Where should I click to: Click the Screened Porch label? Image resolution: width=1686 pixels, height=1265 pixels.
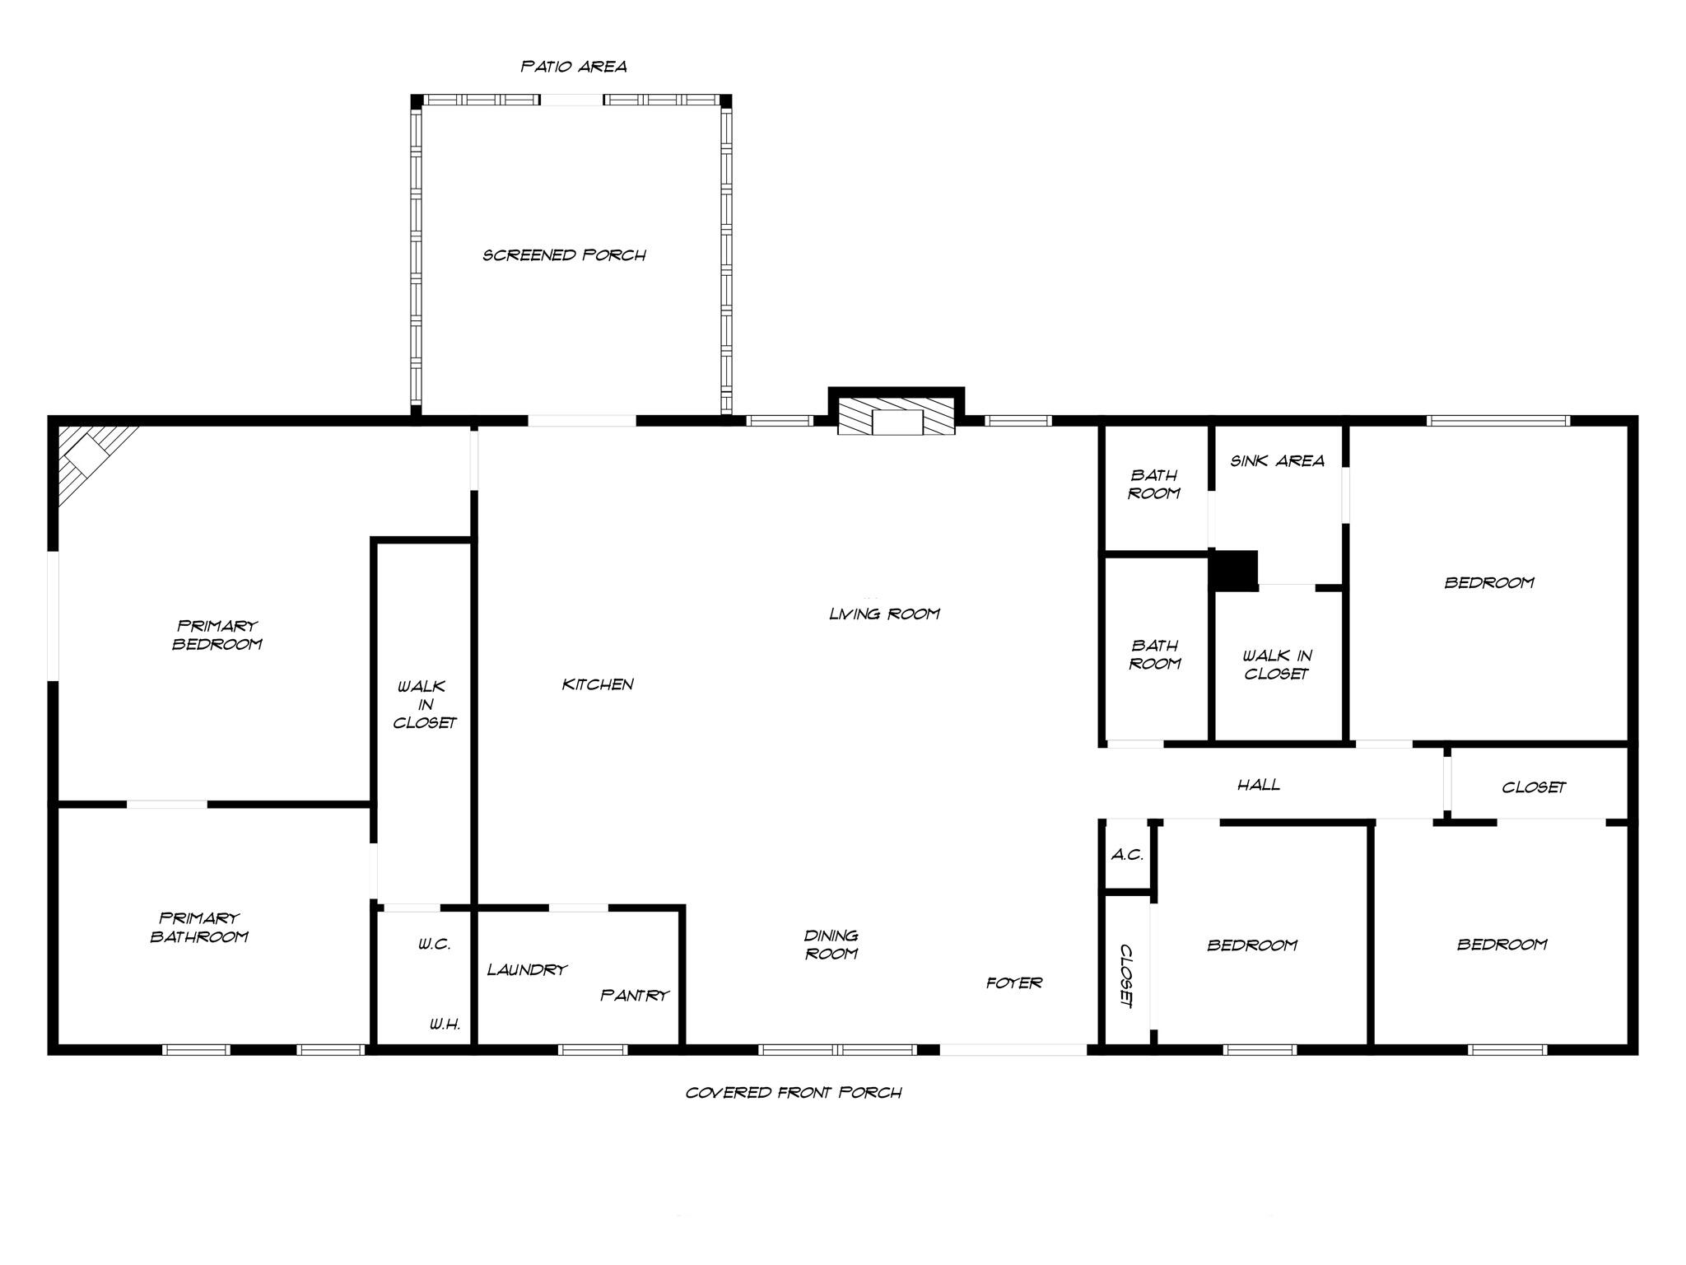tap(564, 255)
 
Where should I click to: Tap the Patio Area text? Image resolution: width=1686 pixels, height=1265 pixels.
tap(574, 67)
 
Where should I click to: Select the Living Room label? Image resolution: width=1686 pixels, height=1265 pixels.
tap(884, 614)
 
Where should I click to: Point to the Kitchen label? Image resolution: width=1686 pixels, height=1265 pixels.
tap(598, 684)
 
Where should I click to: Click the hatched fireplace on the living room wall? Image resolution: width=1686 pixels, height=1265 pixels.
tap(897, 421)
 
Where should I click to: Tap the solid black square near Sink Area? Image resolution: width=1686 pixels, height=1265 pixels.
tap(1234, 570)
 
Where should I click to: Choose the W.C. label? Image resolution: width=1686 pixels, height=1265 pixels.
tap(434, 945)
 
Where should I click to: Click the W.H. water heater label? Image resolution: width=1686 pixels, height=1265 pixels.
tap(445, 1025)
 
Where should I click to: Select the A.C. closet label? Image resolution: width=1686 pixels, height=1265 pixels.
tap(1127, 855)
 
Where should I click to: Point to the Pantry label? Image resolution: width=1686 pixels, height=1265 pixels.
tap(634, 996)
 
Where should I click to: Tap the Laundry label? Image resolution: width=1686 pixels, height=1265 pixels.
tap(527, 970)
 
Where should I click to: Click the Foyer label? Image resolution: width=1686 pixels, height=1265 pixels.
tap(1014, 983)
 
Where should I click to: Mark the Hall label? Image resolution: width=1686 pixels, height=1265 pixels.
tap(1259, 785)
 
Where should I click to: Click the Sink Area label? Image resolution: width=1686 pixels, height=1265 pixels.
tap(1277, 461)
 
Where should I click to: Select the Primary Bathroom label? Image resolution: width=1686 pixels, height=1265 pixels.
tap(199, 927)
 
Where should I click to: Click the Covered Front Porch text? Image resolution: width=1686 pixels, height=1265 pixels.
tap(794, 1093)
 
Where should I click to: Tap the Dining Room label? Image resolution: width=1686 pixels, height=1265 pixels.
tap(831, 945)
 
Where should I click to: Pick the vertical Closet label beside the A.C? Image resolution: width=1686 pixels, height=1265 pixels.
tap(1126, 976)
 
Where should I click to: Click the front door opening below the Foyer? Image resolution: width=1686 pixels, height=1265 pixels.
tap(1013, 1050)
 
